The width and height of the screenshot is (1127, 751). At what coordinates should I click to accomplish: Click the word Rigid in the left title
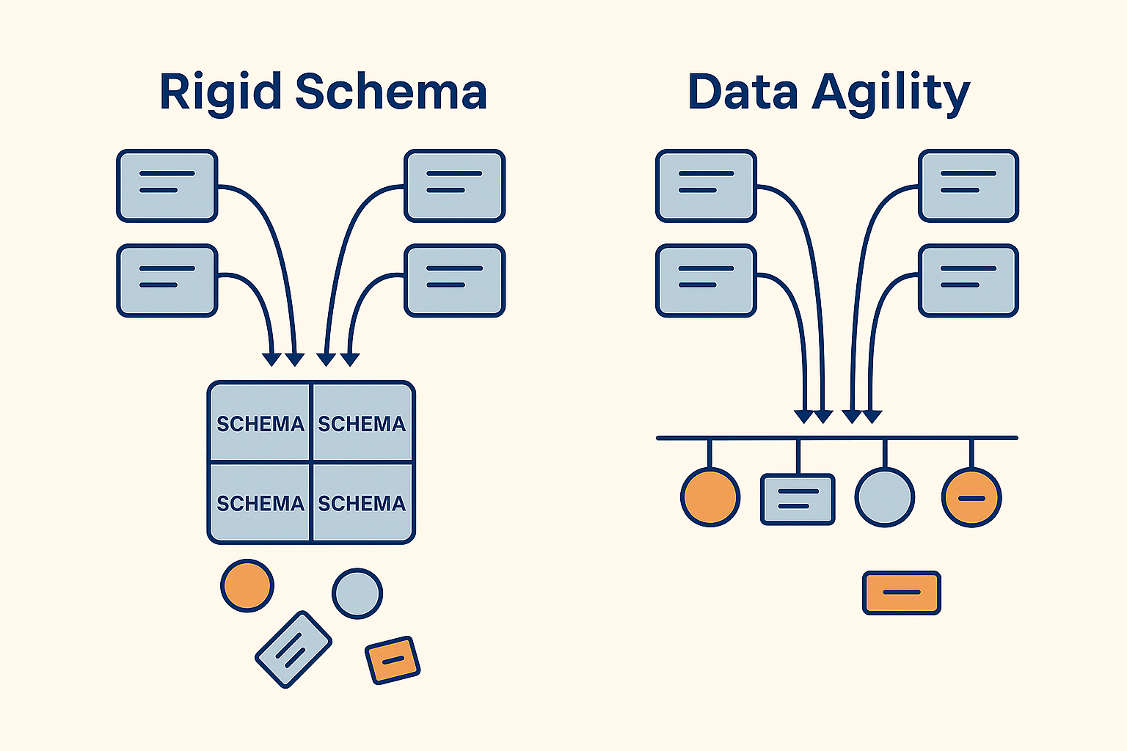[x=220, y=93]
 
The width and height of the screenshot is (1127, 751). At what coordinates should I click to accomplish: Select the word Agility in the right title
[x=891, y=94]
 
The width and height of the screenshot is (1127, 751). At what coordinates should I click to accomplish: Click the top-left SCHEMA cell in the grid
[x=260, y=422]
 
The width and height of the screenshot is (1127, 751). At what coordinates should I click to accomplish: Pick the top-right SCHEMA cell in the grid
[x=362, y=422]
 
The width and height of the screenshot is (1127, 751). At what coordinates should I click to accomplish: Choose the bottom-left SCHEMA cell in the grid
[x=260, y=502]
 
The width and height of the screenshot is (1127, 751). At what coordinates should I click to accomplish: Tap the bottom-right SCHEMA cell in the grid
[x=362, y=502]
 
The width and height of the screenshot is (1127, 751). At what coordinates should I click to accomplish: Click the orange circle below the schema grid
[x=247, y=585]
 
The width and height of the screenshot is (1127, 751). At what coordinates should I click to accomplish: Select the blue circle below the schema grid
[x=357, y=593]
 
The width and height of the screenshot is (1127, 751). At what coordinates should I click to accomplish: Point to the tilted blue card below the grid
[x=293, y=649]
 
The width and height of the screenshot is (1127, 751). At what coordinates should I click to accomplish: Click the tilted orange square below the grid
[x=393, y=660]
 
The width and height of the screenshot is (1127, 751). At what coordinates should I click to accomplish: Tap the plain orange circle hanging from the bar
[x=710, y=497]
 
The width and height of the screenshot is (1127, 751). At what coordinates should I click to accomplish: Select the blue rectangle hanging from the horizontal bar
[x=798, y=499]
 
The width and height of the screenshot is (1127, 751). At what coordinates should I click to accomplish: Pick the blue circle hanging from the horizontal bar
[x=884, y=497]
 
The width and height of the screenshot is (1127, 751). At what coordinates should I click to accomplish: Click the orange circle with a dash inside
[x=971, y=497]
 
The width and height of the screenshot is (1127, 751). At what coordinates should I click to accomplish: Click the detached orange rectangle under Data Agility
[x=902, y=593]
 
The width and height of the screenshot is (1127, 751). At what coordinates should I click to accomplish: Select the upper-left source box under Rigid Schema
[x=167, y=186]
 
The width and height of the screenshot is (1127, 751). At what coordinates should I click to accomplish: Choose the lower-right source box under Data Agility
[x=969, y=281]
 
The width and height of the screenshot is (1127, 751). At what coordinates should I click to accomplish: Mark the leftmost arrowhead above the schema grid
[x=271, y=359]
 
